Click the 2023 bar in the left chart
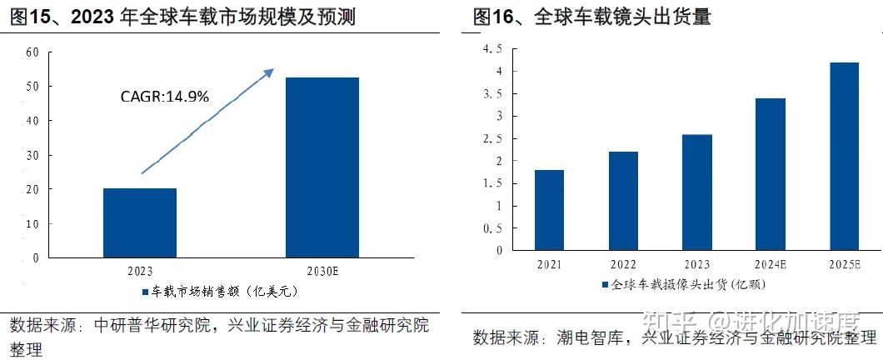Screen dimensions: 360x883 pos(140,222)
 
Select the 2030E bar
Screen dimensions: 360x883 pos(322,167)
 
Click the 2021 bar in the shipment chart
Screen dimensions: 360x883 pos(549,210)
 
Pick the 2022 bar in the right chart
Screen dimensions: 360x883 pos(623,201)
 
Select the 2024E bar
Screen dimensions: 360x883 pos(771,174)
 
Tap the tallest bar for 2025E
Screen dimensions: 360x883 pos(844,156)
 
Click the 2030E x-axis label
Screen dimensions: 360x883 pos(322,271)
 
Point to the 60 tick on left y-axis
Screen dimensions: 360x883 pos(33,52)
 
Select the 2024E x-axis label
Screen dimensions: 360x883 pos(771,264)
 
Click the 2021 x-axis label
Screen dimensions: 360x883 pos(549,264)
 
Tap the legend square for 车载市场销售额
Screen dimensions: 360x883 pos(143,292)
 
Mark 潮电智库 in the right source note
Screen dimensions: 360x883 pos(598,337)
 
